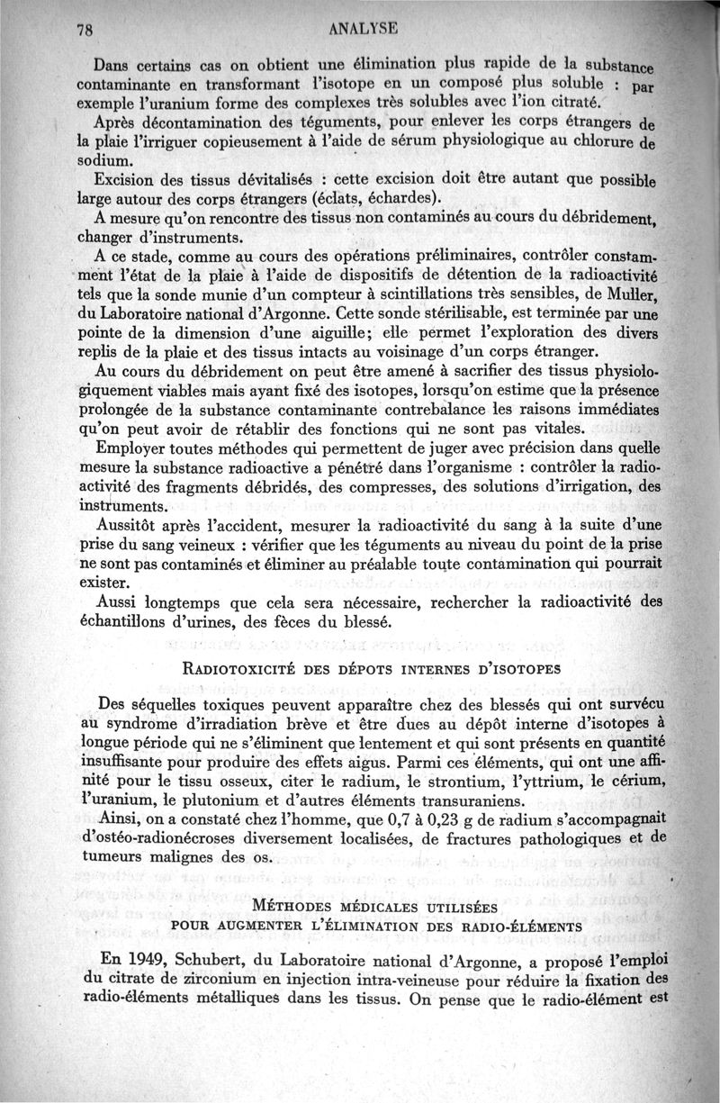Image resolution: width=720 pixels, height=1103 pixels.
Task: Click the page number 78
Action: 86,28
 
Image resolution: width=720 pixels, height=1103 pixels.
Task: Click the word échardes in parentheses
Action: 395,198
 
